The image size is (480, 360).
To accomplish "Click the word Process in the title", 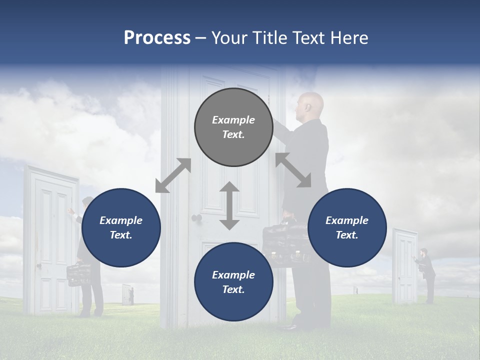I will coord(157,38).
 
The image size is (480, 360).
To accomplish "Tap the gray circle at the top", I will coord(233,127).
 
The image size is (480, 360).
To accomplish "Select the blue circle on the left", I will coord(121,227).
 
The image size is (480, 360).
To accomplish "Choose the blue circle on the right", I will coord(347,227).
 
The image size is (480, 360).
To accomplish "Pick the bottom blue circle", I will coord(233,282).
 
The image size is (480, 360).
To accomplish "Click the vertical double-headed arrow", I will coord(229,205).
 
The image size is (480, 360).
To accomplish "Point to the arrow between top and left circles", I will coord(173,175).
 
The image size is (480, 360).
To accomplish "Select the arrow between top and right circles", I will coord(293,170).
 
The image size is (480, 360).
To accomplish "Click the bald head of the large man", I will coord(311,104).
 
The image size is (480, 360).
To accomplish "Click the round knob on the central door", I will coord(196,218).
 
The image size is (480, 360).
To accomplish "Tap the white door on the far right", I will coord(405,266).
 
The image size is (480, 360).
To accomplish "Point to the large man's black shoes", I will coord(292,326).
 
